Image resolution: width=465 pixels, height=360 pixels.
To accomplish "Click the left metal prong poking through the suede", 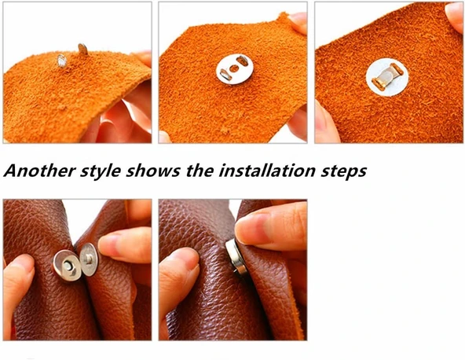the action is click(62, 61).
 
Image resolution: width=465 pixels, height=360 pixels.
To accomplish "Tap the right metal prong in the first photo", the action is click(82, 50).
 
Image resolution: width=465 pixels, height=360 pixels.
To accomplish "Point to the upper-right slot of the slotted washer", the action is click(243, 61).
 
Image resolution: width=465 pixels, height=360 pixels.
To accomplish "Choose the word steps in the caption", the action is click(344, 171).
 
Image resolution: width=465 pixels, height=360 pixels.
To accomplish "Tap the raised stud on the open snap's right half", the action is click(88, 259).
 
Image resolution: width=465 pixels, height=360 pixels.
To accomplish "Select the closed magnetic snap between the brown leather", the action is click(236, 256).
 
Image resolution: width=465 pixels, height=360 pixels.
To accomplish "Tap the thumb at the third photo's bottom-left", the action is click(326, 122).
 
